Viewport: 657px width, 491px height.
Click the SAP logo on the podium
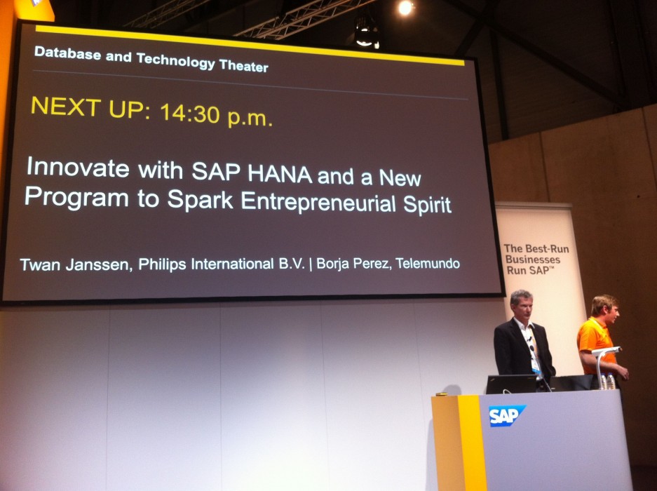click(x=506, y=415)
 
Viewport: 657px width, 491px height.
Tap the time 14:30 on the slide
click(x=190, y=113)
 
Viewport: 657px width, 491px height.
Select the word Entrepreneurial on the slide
click(x=318, y=202)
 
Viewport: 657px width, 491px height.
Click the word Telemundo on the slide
click(x=428, y=263)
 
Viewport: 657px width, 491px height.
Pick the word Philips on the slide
click(x=162, y=264)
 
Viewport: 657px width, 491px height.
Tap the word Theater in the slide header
click(x=243, y=66)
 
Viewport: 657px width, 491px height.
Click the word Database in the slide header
click(x=68, y=53)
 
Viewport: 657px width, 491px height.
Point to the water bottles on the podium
click(x=607, y=381)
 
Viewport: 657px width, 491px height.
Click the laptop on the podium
click(x=511, y=384)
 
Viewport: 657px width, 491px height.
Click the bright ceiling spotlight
click(x=405, y=8)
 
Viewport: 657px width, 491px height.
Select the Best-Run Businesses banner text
click(x=536, y=260)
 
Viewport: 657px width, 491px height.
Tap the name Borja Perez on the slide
click(x=353, y=264)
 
